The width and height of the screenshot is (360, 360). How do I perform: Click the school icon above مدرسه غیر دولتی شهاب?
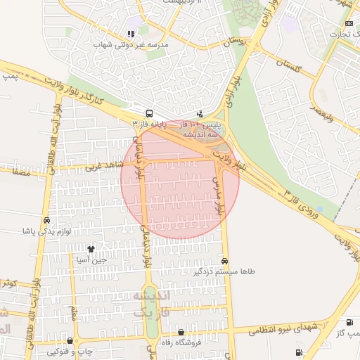coord(130,34)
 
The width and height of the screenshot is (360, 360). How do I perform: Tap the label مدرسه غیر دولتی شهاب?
coord(129,44)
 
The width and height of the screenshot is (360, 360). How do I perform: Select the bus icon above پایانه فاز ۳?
coord(149,113)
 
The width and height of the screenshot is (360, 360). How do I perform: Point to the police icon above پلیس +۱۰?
coord(200,113)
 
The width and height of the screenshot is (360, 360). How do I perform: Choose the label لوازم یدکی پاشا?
coord(47,231)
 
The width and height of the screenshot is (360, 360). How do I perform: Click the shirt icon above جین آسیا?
coord(91,249)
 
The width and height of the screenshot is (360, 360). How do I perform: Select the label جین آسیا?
coord(91,259)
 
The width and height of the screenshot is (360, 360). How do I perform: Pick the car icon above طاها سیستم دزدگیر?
coord(224,261)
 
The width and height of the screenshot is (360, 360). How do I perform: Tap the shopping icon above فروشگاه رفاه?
coord(181,333)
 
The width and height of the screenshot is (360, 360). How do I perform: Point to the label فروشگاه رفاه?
coord(182,343)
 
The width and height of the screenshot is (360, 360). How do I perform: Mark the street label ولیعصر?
coord(328,110)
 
